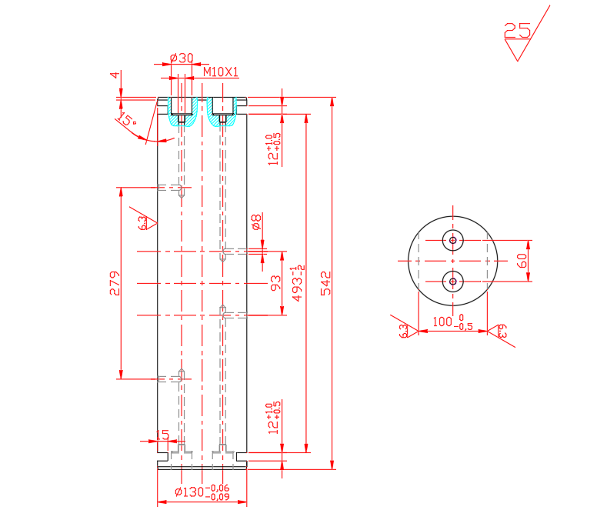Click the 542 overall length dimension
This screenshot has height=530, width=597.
(325, 283)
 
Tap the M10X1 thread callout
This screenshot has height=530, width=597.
(221, 72)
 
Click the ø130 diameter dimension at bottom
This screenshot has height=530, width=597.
(202, 492)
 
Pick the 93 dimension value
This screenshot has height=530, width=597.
(275, 283)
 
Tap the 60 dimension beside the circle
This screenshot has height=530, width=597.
(522, 260)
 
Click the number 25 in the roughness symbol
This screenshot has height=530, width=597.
(517, 31)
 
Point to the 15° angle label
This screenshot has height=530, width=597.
(128, 119)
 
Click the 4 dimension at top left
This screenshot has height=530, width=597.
(115, 75)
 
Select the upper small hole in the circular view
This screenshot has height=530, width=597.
(452, 240)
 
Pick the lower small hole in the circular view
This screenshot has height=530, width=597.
(452, 282)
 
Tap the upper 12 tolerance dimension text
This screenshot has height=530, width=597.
(273, 148)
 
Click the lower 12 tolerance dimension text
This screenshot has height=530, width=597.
(273, 418)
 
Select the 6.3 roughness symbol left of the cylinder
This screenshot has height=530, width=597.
(144, 222)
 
